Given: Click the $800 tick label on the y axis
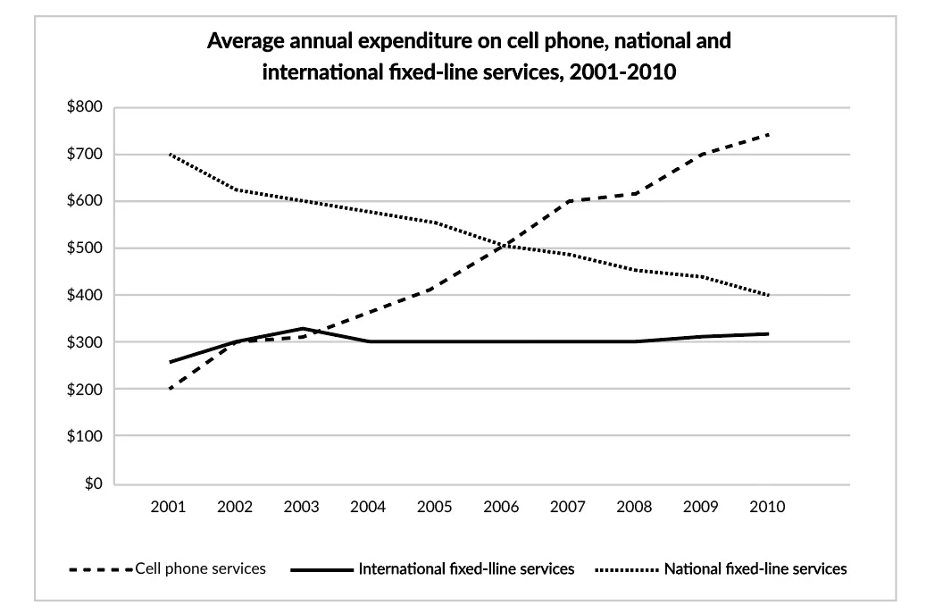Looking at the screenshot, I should [x=86, y=107].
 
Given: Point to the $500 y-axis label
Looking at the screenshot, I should [x=86, y=248].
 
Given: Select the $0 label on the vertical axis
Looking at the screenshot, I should [x=93, y=484].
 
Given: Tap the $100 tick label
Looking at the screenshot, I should [x=86, y=437].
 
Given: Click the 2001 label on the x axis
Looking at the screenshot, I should [x=169, y=507].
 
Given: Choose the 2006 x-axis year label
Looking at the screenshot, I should [x=502, y=507].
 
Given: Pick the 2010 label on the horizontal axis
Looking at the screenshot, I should [x=768, y=507].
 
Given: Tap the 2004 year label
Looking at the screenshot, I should [x=369, y=507].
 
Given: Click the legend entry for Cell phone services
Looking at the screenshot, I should [x=200, y=568].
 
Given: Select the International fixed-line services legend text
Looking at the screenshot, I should [x=466, y=568].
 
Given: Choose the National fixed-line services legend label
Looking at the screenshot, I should [x=755, y=568].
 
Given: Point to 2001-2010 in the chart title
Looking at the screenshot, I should [x=626, y=72].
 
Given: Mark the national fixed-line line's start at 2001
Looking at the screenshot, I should [x=169, y=154].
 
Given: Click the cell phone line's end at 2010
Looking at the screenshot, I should [x=768, y=135].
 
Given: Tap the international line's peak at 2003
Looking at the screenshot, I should [x=303, y=329].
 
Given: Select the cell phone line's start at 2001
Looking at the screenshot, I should [x=169, y=390].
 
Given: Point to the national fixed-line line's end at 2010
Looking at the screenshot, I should [x=768, y=295].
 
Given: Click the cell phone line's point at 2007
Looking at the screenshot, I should [x=569, y=201].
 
